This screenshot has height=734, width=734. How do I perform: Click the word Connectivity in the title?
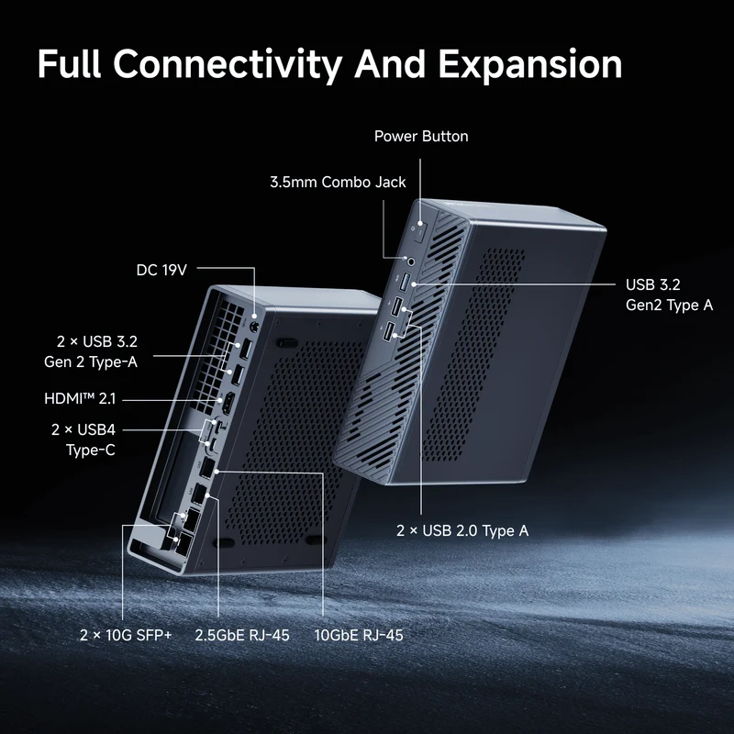[x=228, y=64]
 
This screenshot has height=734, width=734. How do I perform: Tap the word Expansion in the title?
[x=530, y=65]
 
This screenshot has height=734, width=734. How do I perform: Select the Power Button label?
[x=421, y=136]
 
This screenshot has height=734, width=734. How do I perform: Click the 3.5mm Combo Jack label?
[x=338, y=182]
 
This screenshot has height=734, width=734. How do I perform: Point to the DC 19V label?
[x=161, y=270]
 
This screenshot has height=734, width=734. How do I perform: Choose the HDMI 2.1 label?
[x=80, y=399]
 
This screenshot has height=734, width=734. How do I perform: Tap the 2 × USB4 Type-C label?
[x=83, y=439]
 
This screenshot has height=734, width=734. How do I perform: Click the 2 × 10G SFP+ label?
[x=126, y=635]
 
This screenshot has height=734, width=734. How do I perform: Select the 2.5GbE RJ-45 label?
[x=242, y=635]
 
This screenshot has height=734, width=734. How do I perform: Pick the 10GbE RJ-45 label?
[x=359, y=635]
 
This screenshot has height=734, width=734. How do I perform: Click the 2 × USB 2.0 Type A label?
[x=462, y=531]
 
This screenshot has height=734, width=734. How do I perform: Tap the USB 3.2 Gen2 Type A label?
[x=670, y=295]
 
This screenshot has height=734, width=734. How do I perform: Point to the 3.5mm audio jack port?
[x=411, y=261]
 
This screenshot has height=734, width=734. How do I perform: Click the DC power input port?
[x=255, y=327]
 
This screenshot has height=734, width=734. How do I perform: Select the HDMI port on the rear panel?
[x=228, y=405]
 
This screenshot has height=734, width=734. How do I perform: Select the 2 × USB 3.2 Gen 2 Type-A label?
[x=91, y=351]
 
